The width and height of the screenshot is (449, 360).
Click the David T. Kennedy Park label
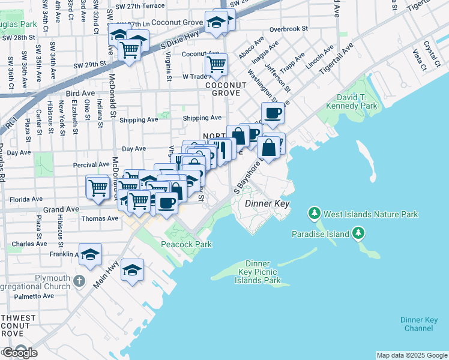click(352, 101)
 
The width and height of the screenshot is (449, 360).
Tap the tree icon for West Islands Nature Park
click(313, 213)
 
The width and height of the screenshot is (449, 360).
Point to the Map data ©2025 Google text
click(411, 355)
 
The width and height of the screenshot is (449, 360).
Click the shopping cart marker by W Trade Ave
click(216, 64)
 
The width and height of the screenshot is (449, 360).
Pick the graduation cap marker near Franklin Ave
click(90, 254)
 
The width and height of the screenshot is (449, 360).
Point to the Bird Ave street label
click(80, 94)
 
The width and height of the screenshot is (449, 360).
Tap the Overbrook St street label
click(289, 28)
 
